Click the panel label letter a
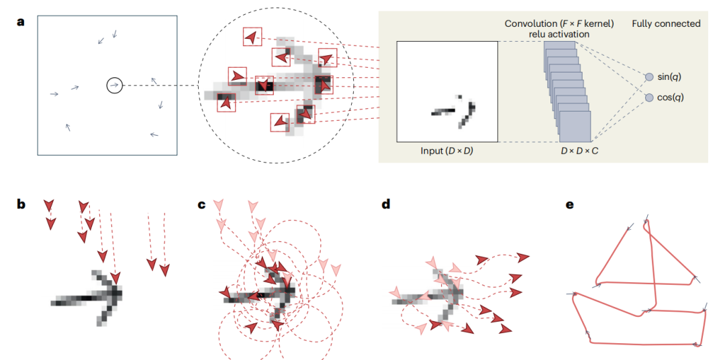coord(20,21)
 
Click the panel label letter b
coord(20,204)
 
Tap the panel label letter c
coord(201,204)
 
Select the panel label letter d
coord(385,204)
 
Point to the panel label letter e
coord(570,204)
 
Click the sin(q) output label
coord(669,77)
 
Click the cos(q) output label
coord(670,97)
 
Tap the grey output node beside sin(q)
coord(648,77)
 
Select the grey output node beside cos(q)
coord(648,97)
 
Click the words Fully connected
coord(666,24)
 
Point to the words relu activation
coord(559,34)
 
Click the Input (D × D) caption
coord(446,151)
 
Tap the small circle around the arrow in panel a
coord(115,85)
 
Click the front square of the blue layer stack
coord(575,126)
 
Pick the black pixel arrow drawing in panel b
coord(87,297)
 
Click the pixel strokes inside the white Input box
coord(454,111)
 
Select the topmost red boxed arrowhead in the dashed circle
coord(252,36)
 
